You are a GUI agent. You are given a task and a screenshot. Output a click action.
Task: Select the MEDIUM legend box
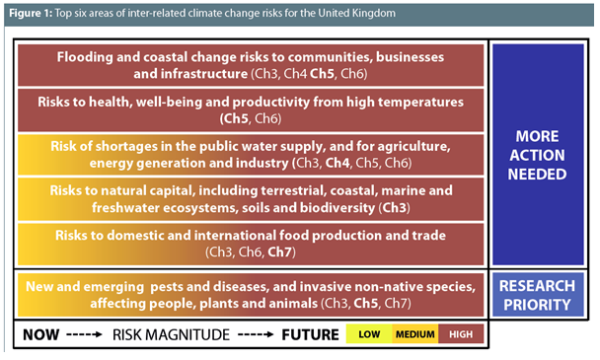coord(414,334)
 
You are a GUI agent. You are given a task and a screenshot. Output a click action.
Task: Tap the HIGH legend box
coord(461,334)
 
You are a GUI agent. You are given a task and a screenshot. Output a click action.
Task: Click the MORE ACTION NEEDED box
coord(539,154)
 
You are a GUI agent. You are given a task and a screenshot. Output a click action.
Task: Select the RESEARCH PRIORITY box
coord(539,295)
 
